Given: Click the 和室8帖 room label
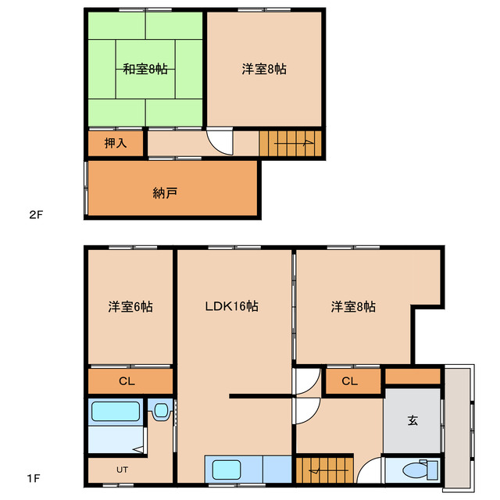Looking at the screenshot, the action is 145,69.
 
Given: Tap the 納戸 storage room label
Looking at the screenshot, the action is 165,193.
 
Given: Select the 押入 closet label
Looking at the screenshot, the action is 116,143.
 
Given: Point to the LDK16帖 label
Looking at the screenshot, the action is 231,306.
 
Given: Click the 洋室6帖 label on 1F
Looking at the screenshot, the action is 130,306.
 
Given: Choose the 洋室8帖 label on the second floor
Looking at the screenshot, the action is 264,69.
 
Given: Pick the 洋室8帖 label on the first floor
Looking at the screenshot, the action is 353,306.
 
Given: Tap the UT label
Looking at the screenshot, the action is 122,470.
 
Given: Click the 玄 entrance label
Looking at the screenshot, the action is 412,420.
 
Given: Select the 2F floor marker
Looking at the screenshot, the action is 36,215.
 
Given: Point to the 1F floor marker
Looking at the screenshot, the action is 34,478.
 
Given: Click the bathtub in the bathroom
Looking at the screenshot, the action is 116,412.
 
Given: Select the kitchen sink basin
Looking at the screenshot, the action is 227,470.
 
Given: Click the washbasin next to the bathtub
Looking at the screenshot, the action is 161,411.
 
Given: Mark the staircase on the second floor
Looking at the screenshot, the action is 290,143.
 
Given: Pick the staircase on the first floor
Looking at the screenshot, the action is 325,470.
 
